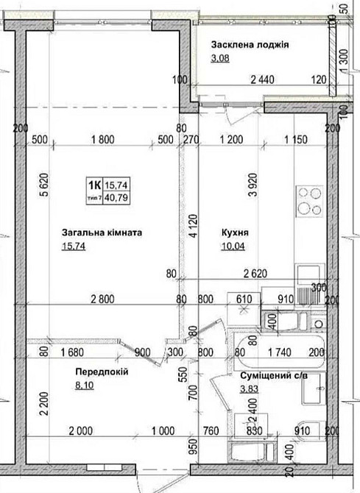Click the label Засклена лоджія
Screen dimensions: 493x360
(x=249, y=44)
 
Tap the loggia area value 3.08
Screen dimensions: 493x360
(x=219, y=58)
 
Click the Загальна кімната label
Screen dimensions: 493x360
(x=102, y=232)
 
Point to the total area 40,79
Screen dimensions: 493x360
(x=114, y=197)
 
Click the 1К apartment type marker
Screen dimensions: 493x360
(x=94, y=185)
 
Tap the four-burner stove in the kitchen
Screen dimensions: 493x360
(x=310, y=199)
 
